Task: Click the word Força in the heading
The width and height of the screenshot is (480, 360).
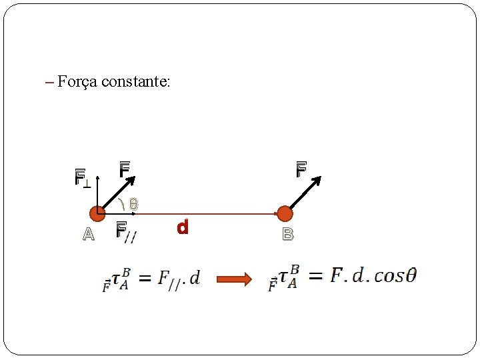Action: [x=77, y=82]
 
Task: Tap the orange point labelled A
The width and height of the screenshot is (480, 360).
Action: [x=97, y=214]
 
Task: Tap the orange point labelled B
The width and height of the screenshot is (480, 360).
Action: [x=285, y=214]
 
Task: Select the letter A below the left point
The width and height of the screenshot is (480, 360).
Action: [x=87, y=234]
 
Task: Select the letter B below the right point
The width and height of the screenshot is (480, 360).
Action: [x=288, y=234]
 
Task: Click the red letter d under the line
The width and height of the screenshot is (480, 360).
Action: [x=183, y=227]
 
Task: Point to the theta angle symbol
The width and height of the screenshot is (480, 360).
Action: [x=133, y=205]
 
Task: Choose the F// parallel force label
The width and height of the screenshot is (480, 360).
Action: [x=126, y=231]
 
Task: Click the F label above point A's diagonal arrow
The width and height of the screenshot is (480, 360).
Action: [x=124, y=170]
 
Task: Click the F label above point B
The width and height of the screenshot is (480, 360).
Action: [x=301, y=170]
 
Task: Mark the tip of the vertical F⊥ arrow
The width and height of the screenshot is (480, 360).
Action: [x=97, y=178]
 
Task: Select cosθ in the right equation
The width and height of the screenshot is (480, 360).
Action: [x=395, y=275]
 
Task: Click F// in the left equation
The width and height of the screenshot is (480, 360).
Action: [x=169, y=279]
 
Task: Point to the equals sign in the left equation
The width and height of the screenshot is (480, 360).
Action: [x=144, y=278]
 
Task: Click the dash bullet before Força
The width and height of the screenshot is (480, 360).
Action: [x=49, y=83]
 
